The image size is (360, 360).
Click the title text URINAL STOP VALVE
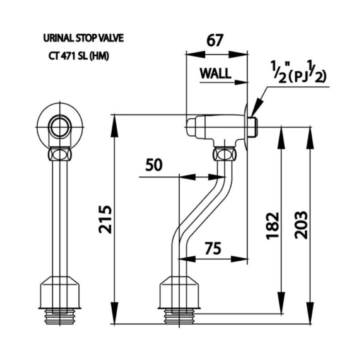click(83, 39)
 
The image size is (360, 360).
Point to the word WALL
click(215, 73)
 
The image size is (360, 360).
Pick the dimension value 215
click(105, 219)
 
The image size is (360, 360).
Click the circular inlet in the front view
click(60, 127)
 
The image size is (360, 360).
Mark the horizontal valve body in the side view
click(216, 127)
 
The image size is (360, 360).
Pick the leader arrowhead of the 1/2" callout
click(254, 114)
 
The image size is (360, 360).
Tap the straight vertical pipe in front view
click(60, 216)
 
